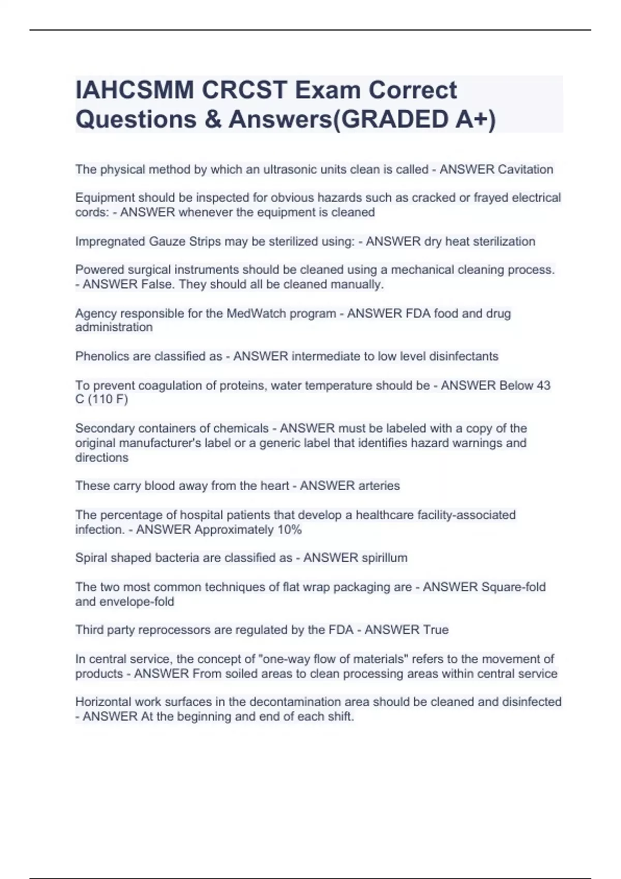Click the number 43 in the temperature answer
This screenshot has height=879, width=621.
(543, 385)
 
